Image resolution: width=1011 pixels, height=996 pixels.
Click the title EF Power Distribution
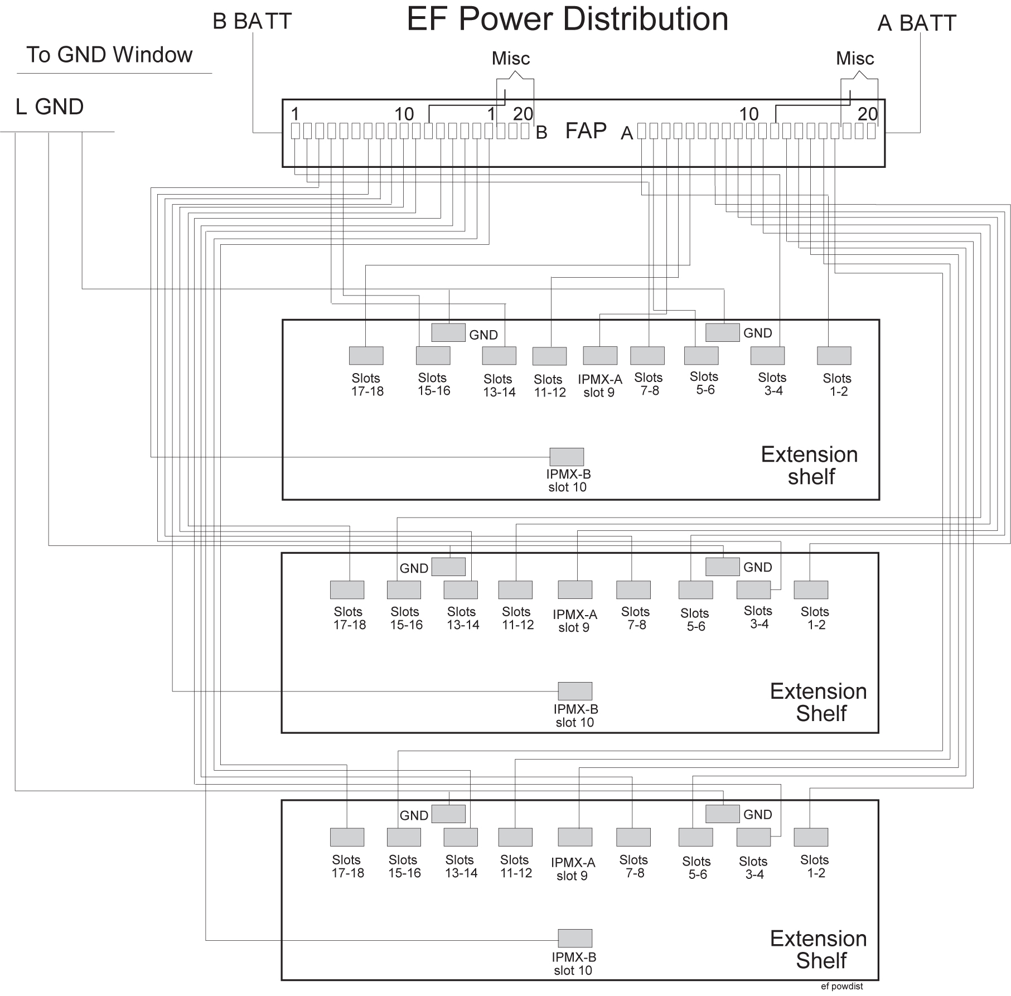tap(567, 20)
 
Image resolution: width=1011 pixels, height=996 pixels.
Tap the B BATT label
tap(252, 22)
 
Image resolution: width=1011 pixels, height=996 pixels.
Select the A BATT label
tap(917, 23)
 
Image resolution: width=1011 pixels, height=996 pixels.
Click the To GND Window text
tap(109, 55)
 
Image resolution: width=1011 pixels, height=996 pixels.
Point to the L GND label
tap(50, 107)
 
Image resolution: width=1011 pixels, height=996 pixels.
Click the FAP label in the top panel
tap(586, 131)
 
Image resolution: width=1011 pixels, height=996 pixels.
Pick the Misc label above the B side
tap(510, 59)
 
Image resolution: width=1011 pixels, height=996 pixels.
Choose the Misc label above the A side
tap(855, 59)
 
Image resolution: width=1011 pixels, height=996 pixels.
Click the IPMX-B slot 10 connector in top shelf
tap(567, 457)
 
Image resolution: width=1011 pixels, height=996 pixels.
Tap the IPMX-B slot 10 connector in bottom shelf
tap(575, 938)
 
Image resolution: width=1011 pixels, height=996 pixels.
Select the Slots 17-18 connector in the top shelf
tap(366, 356)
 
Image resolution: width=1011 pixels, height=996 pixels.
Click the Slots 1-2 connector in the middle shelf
tap(811, 590)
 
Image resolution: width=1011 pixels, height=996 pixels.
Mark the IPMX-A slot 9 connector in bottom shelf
tap(575, 837)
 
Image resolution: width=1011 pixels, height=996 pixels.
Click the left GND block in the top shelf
tap(448, 332)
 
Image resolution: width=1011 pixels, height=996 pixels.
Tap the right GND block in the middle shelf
tap(722, 567)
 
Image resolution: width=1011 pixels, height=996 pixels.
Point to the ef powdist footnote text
tap(841, 986)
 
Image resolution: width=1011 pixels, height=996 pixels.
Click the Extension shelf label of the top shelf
tap(810, 466)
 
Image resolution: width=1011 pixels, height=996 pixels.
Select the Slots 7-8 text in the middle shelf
tap(635, 618)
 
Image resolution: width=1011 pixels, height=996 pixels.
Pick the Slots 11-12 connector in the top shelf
tap(549, 356)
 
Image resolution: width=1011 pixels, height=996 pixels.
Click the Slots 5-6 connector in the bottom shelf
tap(695, 838)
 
